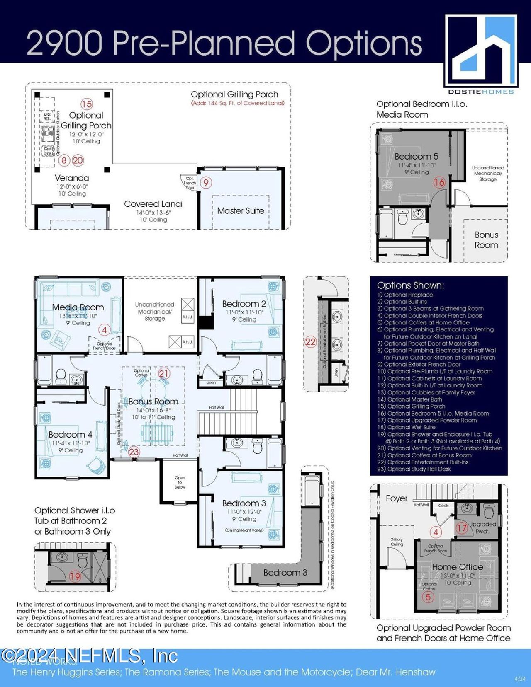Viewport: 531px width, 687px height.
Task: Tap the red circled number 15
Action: click(87, 104)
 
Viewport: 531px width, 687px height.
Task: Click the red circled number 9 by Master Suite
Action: click(206, 182)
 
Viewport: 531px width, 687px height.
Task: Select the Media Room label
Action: click(78, 307)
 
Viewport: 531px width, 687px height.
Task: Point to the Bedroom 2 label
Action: click(244, 304)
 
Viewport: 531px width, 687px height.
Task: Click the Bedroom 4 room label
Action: click(70, 435)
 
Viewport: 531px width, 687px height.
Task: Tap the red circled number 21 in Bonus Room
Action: click(164, 373)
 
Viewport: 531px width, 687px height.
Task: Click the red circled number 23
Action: click(134, 452)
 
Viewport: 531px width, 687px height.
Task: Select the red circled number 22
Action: click(311, 342)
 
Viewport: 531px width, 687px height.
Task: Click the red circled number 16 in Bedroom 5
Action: click(439, 182)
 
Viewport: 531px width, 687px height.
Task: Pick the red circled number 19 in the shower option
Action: click(75, 576)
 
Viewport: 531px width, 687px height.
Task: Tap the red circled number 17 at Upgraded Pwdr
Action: click(462, 527)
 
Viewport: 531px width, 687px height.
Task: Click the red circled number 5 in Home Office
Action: click(428, 597)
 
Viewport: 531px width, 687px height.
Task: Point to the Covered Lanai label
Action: click(153, 204)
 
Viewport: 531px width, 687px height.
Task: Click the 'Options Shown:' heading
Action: click(410, 285)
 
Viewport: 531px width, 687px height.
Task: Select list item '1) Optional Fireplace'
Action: click(405, 295)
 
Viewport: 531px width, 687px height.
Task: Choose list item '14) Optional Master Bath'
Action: click(410, 399)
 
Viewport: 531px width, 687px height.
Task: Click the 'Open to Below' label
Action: click(180, 482)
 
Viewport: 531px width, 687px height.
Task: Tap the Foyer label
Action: click(397, 498)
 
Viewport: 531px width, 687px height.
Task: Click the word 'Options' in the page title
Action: click(364, 43)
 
